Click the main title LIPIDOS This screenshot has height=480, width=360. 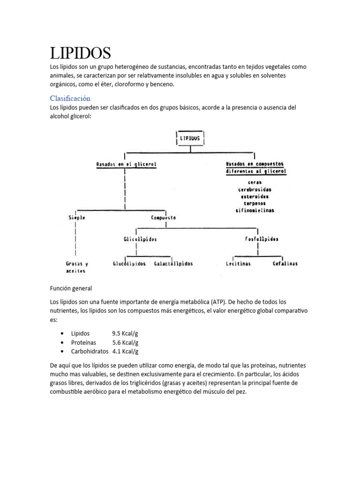[x=81, y=52]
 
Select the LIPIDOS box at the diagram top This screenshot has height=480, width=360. [x=190, y=138]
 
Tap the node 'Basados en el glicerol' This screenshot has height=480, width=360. [x=126, y=165]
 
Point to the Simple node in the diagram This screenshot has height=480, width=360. [x=77, y=217]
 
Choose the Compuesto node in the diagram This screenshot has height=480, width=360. [x=164, y=217]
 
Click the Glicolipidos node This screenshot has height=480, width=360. [x=140, y=239]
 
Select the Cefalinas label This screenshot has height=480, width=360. [x=285, y=263]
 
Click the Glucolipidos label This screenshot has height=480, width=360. [x=130, y=263]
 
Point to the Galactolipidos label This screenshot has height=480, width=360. [x=173, y=263]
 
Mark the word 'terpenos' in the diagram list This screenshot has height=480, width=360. [x=255, y=203]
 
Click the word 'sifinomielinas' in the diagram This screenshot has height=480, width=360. [x=255, y=210]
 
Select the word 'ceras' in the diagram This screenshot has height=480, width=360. [x=255, y=182]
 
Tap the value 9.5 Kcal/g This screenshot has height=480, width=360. [x=125, y=333]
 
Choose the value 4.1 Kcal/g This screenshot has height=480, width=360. [x=125, y=351]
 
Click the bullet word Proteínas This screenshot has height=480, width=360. [x=84, y=342]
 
